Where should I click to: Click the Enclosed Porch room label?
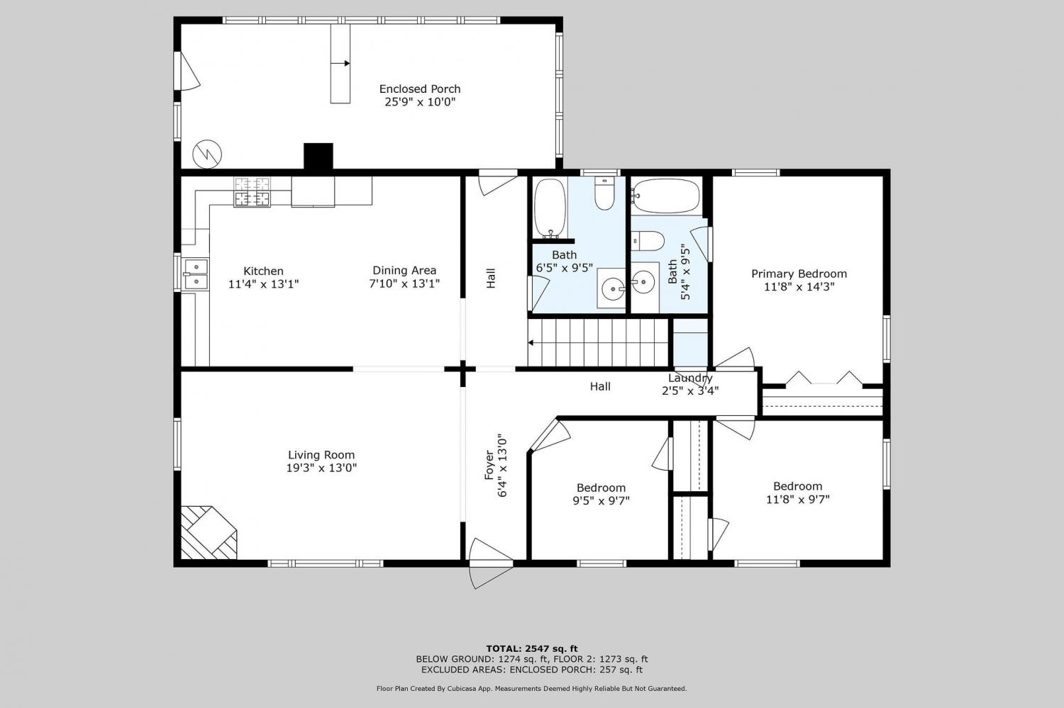pyautogui.click(x=420, y=89)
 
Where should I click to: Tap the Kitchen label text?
pyautogui.click(x=263, y=271)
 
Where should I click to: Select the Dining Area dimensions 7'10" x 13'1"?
pyautogui.click(x=404, y=283)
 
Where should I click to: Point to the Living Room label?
pyautogui.click(x=321, y=455)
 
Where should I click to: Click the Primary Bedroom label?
pyautogui.click(x=799, y=274)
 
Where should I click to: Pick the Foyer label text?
pyautogui.click(x=489, y=465)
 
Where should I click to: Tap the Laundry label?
pyautogui.click(x=690, y=378)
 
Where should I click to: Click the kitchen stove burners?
pyautogui.click(x=253, y=192)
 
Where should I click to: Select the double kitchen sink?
pyautogui.click(x=196, y=274)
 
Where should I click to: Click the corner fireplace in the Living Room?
pyautogui.click(x=209, y=532)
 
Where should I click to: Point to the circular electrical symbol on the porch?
pyautogui.click(x=207, y=154)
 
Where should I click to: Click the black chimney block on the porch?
pyautogui.click(x=318, y=156)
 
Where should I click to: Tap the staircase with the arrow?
pyautogui.click(x=598, y=342)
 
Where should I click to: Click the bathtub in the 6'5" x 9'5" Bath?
pyautogui.click(x=550, y=208)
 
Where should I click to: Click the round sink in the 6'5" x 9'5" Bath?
pyautogui.click(x=614, y=288)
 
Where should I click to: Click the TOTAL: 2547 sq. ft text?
pyautogui.click(x=531, y=648)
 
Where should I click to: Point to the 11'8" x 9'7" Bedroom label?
pyautogui.click(x=797, y=493)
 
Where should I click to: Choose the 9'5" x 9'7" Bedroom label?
pyautogui.click(x=601, y=494)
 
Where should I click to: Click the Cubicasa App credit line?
pyautogui.click(x=531, y=689)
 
